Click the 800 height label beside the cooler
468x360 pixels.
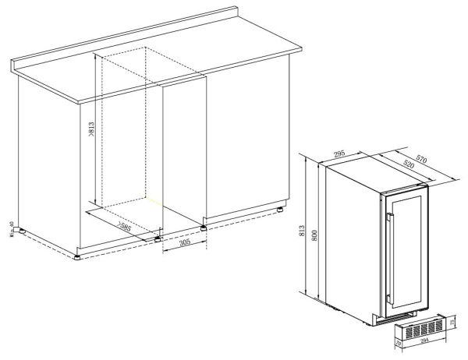[x=314, y=231]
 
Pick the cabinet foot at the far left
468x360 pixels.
[x=21, y=231]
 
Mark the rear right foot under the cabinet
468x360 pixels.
[x=278, y=210]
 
